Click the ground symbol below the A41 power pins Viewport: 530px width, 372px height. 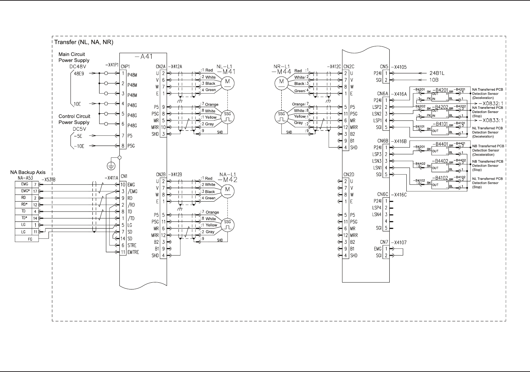click(112, 165)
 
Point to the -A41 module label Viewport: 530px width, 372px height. click(144, 57)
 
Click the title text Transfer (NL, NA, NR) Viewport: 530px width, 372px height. click(84, 42)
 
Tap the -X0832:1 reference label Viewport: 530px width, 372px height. click(491, 103)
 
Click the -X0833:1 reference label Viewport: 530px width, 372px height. click(491, 120)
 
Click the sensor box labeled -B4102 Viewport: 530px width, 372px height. click(439, 184)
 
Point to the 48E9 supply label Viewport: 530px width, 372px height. click(79, 74)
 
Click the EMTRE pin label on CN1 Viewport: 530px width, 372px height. click(133, 252)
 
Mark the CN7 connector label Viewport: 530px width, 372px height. click(384, 242)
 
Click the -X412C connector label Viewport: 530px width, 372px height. click(335, 66)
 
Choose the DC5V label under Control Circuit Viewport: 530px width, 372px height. click(80, 129)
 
